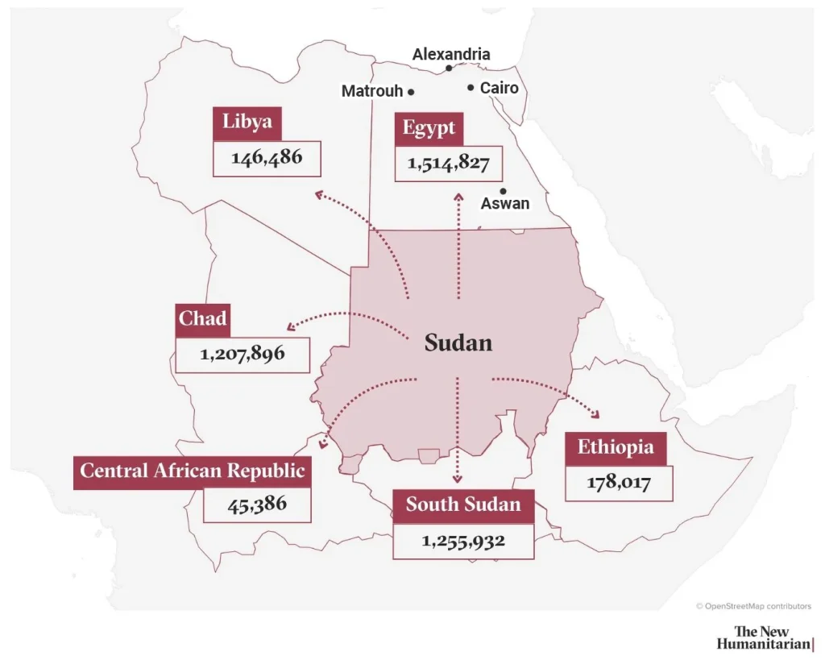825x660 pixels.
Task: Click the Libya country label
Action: [x=247, y=123]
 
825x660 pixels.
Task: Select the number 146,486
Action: [x=267, y=158]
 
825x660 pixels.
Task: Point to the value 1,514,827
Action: [x=449, y=164]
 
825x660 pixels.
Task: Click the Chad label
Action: [x=202, y=319]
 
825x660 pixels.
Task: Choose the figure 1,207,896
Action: [x=243, y=353]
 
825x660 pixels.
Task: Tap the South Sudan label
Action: [x=463, y=505]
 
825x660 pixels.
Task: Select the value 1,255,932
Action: [x=463, y=540]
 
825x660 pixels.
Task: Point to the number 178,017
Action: [x=619, y=484]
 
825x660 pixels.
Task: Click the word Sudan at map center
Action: [x=458, y=343]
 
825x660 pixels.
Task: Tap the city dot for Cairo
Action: [x=471, y=87]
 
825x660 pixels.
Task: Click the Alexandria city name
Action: [x=450, y=55]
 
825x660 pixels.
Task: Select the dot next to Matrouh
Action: [x=411, y=92]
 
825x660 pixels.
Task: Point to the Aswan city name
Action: [x=505, y=204]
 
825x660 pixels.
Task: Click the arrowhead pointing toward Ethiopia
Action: [x=595, y=415]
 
